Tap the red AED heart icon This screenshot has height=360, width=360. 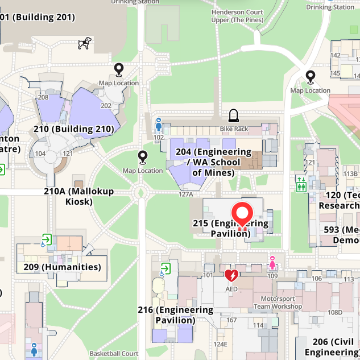(x=231, y=276)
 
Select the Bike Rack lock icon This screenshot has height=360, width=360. (x=233, y=117)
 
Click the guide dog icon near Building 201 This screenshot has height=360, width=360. (x=85, y=43)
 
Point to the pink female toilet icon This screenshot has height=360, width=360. (x=272, y=263)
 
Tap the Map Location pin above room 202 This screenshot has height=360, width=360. (x=119, y=69)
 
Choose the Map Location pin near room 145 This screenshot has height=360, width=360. (x=311, y=76)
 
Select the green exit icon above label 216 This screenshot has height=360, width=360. (x=165, y=267)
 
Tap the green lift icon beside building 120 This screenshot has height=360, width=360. (x=301, y=185)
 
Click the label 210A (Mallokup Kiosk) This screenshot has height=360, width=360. (x=78, y=196)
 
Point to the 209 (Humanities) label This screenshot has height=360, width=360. (x=63, y=267)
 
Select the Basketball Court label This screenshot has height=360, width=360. (x=114, y=354)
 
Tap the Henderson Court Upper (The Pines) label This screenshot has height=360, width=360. (x=237, y=16)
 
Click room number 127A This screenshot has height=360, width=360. (x=186, y=195)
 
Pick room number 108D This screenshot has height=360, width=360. (x=335, y=312)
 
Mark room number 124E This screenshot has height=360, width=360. (x=220, y=344)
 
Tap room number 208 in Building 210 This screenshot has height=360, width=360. (x=43, y=97)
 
